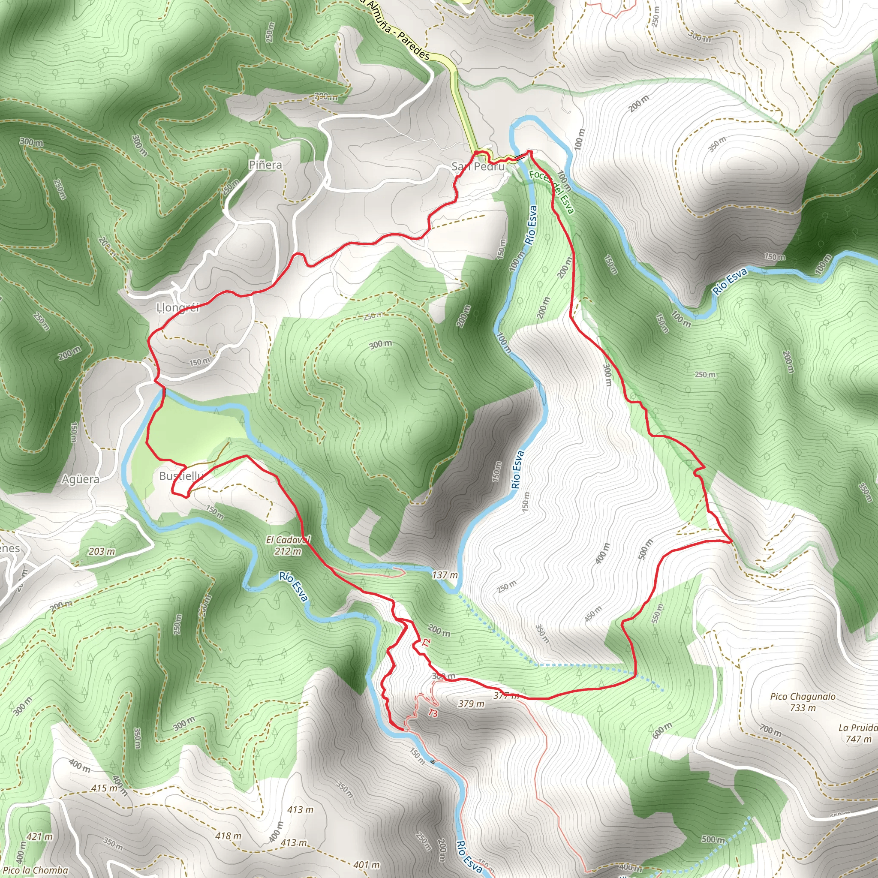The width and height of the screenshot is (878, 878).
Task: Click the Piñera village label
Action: click(265, 165)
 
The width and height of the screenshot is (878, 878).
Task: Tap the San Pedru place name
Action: click(478, 167)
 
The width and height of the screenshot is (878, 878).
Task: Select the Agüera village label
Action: click(81, 479)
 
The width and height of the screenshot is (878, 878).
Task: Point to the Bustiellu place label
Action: click(181, 476)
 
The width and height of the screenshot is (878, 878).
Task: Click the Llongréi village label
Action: click(177, 308)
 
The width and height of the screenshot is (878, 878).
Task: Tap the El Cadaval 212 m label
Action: click(288, 545)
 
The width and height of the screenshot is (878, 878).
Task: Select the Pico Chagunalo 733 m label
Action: click(803, 702)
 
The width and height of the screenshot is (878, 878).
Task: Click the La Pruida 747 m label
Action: click(857, 734)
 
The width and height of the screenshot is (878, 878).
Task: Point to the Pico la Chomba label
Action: click(35, 870)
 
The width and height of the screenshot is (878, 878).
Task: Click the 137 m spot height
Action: click(445, 575)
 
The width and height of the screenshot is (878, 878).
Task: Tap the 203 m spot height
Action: click(102, 552)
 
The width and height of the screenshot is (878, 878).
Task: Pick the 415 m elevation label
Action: click(105, 788)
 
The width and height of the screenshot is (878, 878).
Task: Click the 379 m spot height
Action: click(471, 704)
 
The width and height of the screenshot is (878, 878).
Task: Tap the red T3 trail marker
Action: click(433, 713)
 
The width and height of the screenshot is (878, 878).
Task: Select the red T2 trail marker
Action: click(425, 643)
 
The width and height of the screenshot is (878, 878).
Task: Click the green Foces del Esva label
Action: click(551, 191)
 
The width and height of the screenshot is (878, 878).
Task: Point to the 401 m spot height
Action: click(366, 865)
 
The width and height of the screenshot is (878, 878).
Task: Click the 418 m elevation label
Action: click(229, 836)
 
